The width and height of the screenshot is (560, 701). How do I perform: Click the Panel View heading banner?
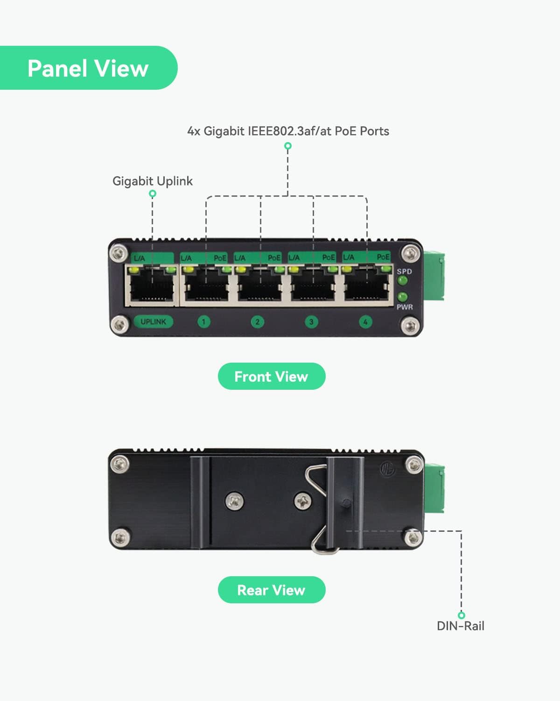88,68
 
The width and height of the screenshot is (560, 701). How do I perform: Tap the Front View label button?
271,377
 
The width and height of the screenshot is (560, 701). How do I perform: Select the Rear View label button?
271,590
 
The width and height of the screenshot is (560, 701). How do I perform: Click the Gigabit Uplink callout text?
153,181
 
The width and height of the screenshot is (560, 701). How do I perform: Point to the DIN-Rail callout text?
460,626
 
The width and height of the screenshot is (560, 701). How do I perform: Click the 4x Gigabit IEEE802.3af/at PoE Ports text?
288,131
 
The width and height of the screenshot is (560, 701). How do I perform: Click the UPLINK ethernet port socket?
152,287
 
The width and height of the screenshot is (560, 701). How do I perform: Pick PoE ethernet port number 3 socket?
313,287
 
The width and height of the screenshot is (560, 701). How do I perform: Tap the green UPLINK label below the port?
153,322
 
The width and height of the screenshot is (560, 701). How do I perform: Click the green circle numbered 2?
257,322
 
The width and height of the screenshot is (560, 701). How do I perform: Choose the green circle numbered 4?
365,322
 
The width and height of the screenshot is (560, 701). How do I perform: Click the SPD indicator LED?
402,281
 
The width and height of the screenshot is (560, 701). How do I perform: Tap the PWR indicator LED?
402,297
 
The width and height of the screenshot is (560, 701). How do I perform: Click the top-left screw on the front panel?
119,254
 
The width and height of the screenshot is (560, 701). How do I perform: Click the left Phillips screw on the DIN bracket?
234,501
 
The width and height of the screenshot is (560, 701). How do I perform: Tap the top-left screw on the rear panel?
119,464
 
